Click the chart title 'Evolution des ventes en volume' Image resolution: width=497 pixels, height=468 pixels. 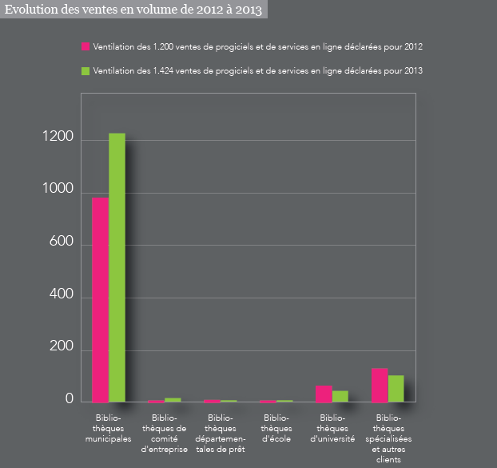tap(133, 10)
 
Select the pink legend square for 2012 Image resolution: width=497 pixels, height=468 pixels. tap(85, 47)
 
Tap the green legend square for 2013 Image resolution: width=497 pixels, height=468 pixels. tap(85, 71)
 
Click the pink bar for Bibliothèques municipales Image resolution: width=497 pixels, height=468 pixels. tap(100, 299)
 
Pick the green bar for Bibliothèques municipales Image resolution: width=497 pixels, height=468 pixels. tap(117, 267)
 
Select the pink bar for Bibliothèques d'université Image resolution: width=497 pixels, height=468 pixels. tap(324, 393)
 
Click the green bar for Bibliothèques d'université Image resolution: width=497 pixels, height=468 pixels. tap(340, 396)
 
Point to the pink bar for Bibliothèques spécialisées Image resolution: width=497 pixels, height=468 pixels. tap(380, 385)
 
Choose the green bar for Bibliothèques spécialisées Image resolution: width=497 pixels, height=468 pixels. tap(396, 388)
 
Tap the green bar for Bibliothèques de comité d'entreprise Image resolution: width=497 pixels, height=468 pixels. tap(173, 399)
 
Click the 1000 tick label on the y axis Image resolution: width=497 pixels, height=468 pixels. tap(58, 192)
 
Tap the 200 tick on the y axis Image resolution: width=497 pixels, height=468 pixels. tap(62, 349)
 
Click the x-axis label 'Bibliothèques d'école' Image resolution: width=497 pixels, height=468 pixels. tap(276, 428)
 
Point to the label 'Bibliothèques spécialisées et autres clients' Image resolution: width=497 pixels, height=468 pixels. tap(388, 438)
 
